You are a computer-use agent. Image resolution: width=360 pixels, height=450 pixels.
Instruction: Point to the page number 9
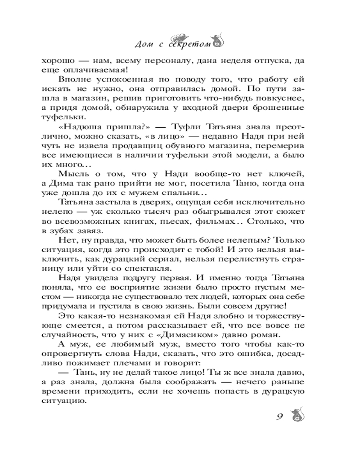[279, 415]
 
